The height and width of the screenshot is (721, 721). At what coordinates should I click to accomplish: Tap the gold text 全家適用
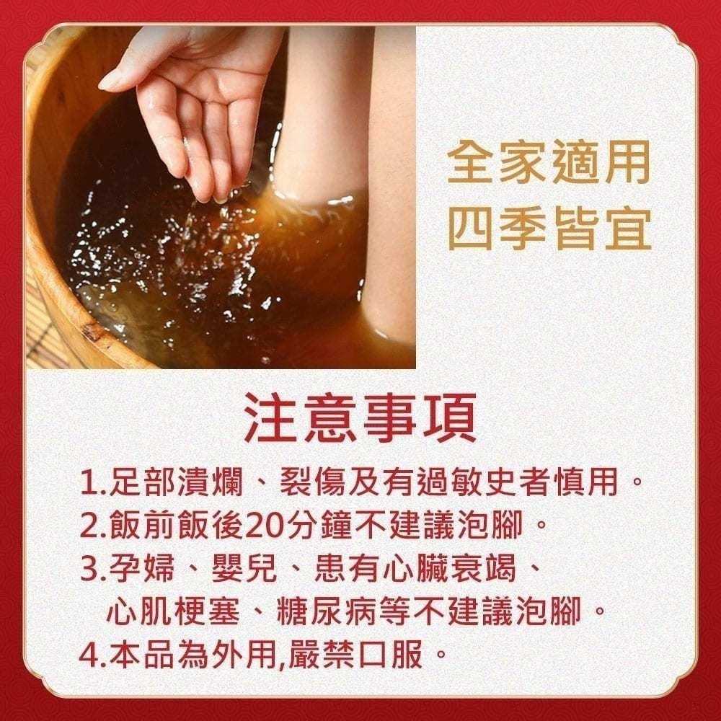(x=549, y=164)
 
